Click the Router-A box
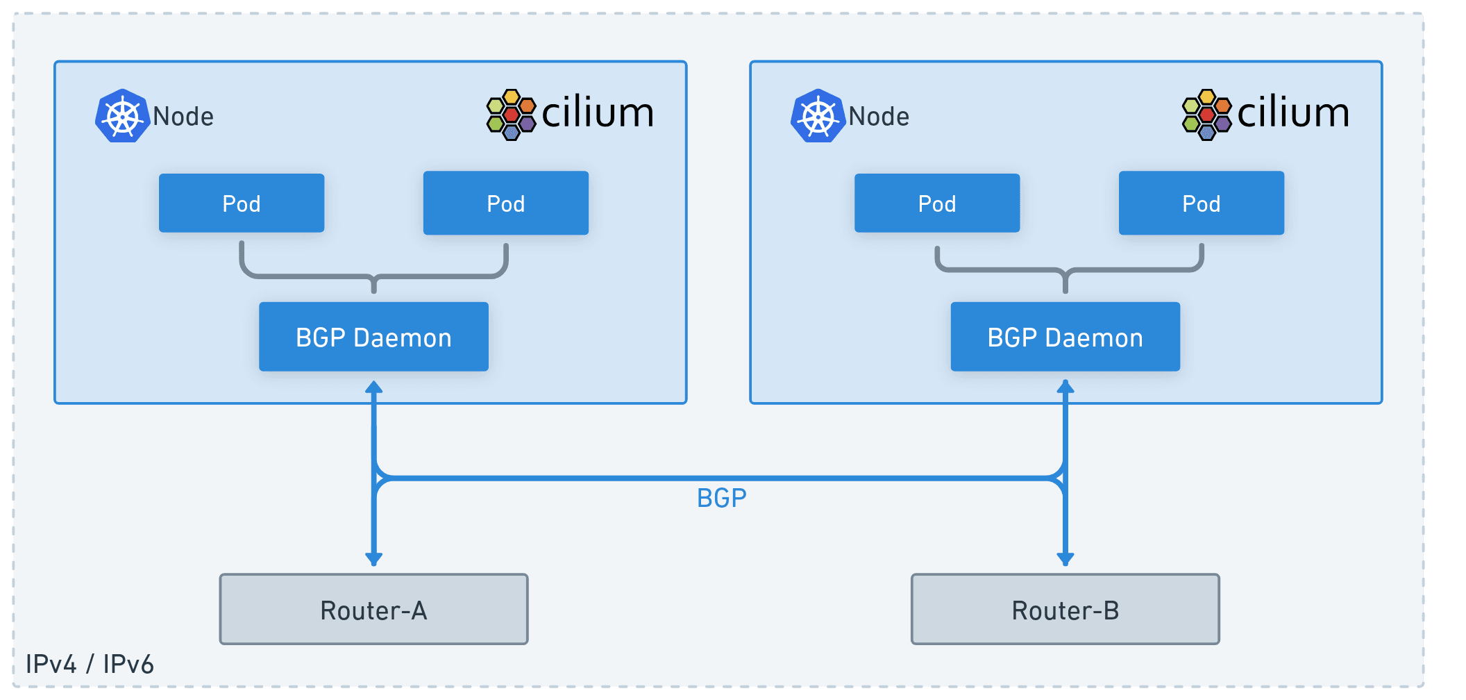pyautogui.click(x=373, y=609)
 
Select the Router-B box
pyautogui.click(x=1065, y=609)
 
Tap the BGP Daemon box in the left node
pyautogui.click(x=373, y=337)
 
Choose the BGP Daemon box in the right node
pyautogui.click(x=1065, y=337)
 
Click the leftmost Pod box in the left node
pyautogui.click(x=242, y=203)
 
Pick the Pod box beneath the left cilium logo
pyautogui.click(x=505, y=203)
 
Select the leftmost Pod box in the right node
pyautogui.click(x=937, y=203)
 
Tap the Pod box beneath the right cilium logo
pyautogui.click(x=1201, y=203)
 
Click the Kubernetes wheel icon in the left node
pyautogui.click(x=123, y=116)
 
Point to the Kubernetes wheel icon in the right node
pyautogui.click(x=818, y=116)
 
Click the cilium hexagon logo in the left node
pyautogui.click(x=512, y=115)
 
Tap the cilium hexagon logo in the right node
pyautogui.click(x=1207, y=115)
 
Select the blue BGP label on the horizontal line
pyautogui.click(x=721, y=498)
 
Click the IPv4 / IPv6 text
pyautogui.click(x=90, y=664)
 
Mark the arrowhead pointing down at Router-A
pyautogui.click(x=373, y=558)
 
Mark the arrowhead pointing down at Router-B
pyautogui.click(x=1065, y=558)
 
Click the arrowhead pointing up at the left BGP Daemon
pyautogui.click(x=373, y=387)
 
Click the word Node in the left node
pyautogui.click(x=183, y=117)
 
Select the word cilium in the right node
pyautogui.click(x=1293, y=113)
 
